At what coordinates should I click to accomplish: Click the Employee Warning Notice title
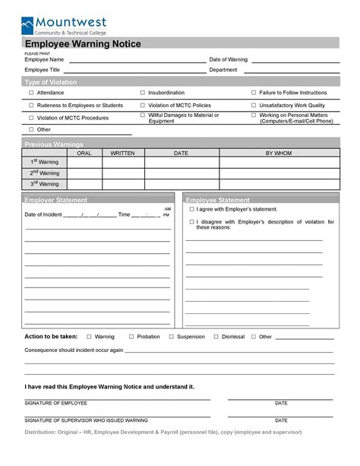pos(82,45)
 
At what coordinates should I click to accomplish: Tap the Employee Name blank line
pos(137,62)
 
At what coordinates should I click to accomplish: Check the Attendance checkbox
pos(31,92)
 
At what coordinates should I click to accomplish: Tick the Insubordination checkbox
pos(142,92)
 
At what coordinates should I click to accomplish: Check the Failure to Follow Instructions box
pos(254,92)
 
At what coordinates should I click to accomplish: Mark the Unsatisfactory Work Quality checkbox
pos(254,105)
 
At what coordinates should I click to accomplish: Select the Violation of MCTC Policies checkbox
pos(142,105)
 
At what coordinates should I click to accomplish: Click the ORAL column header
pos(84,153)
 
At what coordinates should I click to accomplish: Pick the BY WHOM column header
pos(278,153)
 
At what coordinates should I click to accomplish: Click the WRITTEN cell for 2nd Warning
pos(122,173)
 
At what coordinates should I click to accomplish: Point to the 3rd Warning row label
pos(44,183)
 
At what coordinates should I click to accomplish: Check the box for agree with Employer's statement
pos(192,208)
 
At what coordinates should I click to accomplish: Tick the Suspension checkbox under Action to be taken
pos(172,336)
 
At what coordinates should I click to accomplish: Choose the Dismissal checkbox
pos(216,336)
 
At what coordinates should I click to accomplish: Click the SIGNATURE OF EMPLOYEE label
pos(56,403)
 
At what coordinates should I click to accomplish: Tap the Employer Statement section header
pos(55,200)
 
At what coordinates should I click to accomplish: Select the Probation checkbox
pos(131,336)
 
